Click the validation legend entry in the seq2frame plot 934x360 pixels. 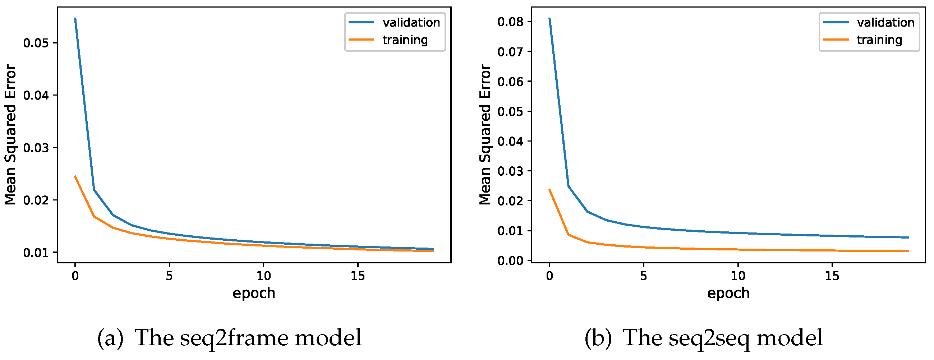(411, 23)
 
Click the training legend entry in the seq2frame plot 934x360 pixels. (405, 40)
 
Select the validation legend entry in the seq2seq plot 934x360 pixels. (885, 23)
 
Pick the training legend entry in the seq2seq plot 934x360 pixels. (879, 40)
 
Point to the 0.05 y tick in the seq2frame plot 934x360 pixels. (36, 43)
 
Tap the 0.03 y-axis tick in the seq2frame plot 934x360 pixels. (36, 148)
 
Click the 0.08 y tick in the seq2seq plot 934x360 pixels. (510, 22)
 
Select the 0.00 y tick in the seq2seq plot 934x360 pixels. (510, 261)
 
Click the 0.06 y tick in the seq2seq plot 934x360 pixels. (510, 82)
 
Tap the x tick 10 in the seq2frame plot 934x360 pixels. (263, 276)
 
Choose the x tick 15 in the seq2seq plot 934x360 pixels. (832, 276)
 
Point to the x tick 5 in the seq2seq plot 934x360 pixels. (643, 276)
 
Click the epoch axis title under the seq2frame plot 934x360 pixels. (254, 293)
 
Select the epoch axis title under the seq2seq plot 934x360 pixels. (728, 293)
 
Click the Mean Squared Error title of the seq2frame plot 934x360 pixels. (10, 134)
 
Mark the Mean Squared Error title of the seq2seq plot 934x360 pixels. (484, 134)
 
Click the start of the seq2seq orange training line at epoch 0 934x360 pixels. (550, 189)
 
